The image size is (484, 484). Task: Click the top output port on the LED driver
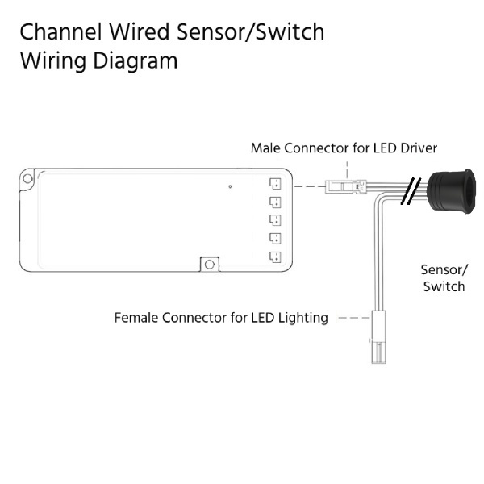[274, 182]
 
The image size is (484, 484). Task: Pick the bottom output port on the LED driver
[274, 257]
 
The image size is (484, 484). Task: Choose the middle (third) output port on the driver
[274, 219]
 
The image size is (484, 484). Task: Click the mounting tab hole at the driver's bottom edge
[210, 264]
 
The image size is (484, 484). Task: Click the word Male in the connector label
[266, 148]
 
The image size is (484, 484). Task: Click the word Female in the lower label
[136, 318]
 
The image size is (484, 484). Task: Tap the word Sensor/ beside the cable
[444, 270]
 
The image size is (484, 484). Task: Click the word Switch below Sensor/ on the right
[444, 286]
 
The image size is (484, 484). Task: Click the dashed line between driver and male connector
[305, 187]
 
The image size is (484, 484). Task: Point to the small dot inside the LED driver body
[230, 186]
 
